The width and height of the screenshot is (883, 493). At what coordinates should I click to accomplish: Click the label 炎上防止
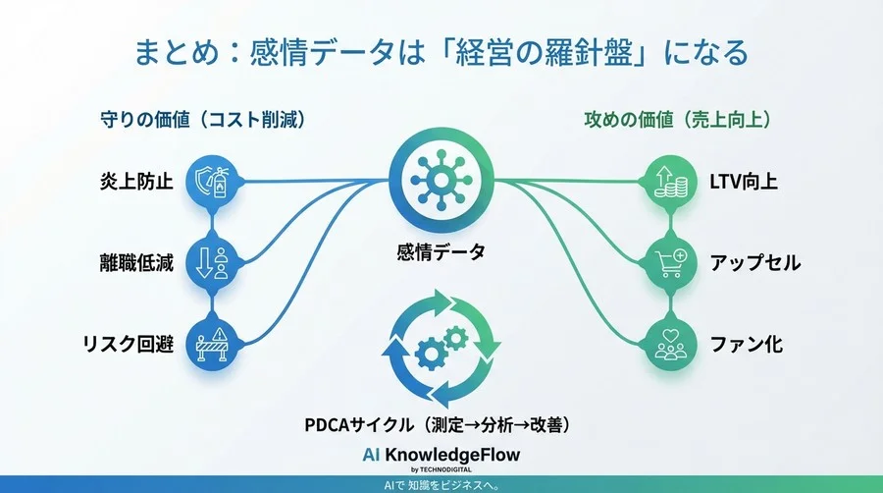click(x=136, y=182)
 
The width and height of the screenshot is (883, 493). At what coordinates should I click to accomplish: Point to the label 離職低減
click(x=136, y=263)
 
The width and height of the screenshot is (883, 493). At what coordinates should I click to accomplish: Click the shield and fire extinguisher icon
click(x=213, y=182)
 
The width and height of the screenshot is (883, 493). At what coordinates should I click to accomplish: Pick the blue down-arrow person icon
click(x=213, y=263)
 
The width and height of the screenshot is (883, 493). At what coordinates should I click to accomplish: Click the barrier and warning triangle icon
click(x=213, y=345)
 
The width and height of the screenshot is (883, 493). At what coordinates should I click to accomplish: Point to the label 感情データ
click(x=441, y=252)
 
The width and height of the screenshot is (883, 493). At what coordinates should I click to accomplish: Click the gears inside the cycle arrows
click(x=441, y=349)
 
